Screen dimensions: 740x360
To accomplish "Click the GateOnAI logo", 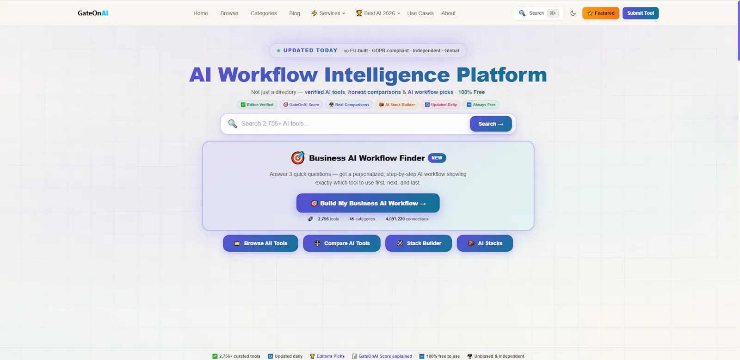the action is (93, 13).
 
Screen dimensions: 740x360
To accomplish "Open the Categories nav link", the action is (263, 13).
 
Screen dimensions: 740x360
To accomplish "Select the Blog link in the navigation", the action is (294, 13).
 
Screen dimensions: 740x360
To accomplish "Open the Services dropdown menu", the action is (328, 13).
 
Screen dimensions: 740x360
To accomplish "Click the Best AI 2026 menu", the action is (378, 13).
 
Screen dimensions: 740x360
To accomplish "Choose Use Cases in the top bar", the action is (420, 13).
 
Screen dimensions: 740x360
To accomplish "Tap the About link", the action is (448, 13).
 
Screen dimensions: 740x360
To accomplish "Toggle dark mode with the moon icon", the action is (573, 13).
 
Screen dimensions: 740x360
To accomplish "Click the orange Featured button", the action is (601, 13).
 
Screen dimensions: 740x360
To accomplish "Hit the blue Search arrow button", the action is (491, 124).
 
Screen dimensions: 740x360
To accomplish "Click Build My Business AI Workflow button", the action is (368, 203).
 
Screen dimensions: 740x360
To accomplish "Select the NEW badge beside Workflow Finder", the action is (437, 158).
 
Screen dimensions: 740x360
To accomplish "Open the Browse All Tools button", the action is (260, 243).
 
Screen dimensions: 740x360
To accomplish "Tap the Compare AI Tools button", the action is (342, 243).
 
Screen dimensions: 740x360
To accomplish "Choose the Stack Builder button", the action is (418, 243).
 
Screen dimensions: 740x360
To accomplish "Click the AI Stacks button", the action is (485, 243).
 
